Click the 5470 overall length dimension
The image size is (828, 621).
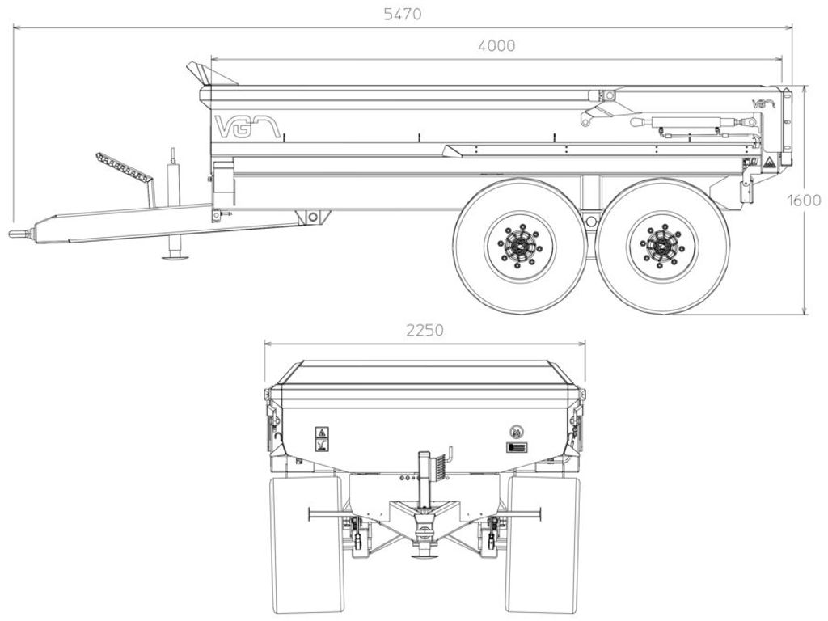point(403,14)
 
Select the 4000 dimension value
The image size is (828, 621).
point(496,46)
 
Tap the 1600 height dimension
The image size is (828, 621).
point(805,201)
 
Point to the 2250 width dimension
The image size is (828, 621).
point(425,330)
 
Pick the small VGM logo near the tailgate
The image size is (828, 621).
point(763,103)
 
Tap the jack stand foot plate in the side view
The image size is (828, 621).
point(175,258)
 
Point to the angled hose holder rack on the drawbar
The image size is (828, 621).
point(125,169)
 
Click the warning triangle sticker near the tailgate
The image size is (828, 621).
point(768,162)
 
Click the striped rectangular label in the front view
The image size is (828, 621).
point(517,448)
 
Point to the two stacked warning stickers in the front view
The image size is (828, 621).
point(322,439)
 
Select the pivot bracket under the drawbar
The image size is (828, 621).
point(313,217)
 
